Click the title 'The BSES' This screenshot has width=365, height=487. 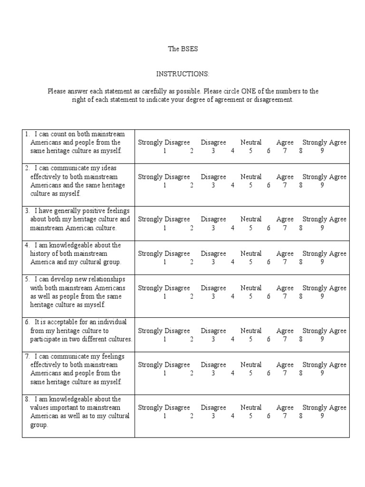point(182,49)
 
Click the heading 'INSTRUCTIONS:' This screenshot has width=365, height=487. point(182,74)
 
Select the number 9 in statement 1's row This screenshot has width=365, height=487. point(322,151)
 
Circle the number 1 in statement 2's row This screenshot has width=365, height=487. point(164,185)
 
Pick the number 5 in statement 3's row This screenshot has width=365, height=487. point(250,228)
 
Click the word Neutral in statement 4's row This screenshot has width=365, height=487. point(251,253)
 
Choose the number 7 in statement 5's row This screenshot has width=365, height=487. point(285,297)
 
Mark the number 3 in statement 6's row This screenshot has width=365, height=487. point(213,340)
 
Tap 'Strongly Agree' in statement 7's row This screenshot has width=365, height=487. point(325,365)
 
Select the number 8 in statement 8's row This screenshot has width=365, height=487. point(301,416)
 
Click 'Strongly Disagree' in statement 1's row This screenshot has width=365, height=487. point(164,142)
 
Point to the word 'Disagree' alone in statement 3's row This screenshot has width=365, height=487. point(213,219)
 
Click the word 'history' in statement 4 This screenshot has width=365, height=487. point(40,253)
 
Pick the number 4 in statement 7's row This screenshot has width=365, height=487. point(233,374)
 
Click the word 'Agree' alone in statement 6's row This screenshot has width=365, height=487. point(285,331)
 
